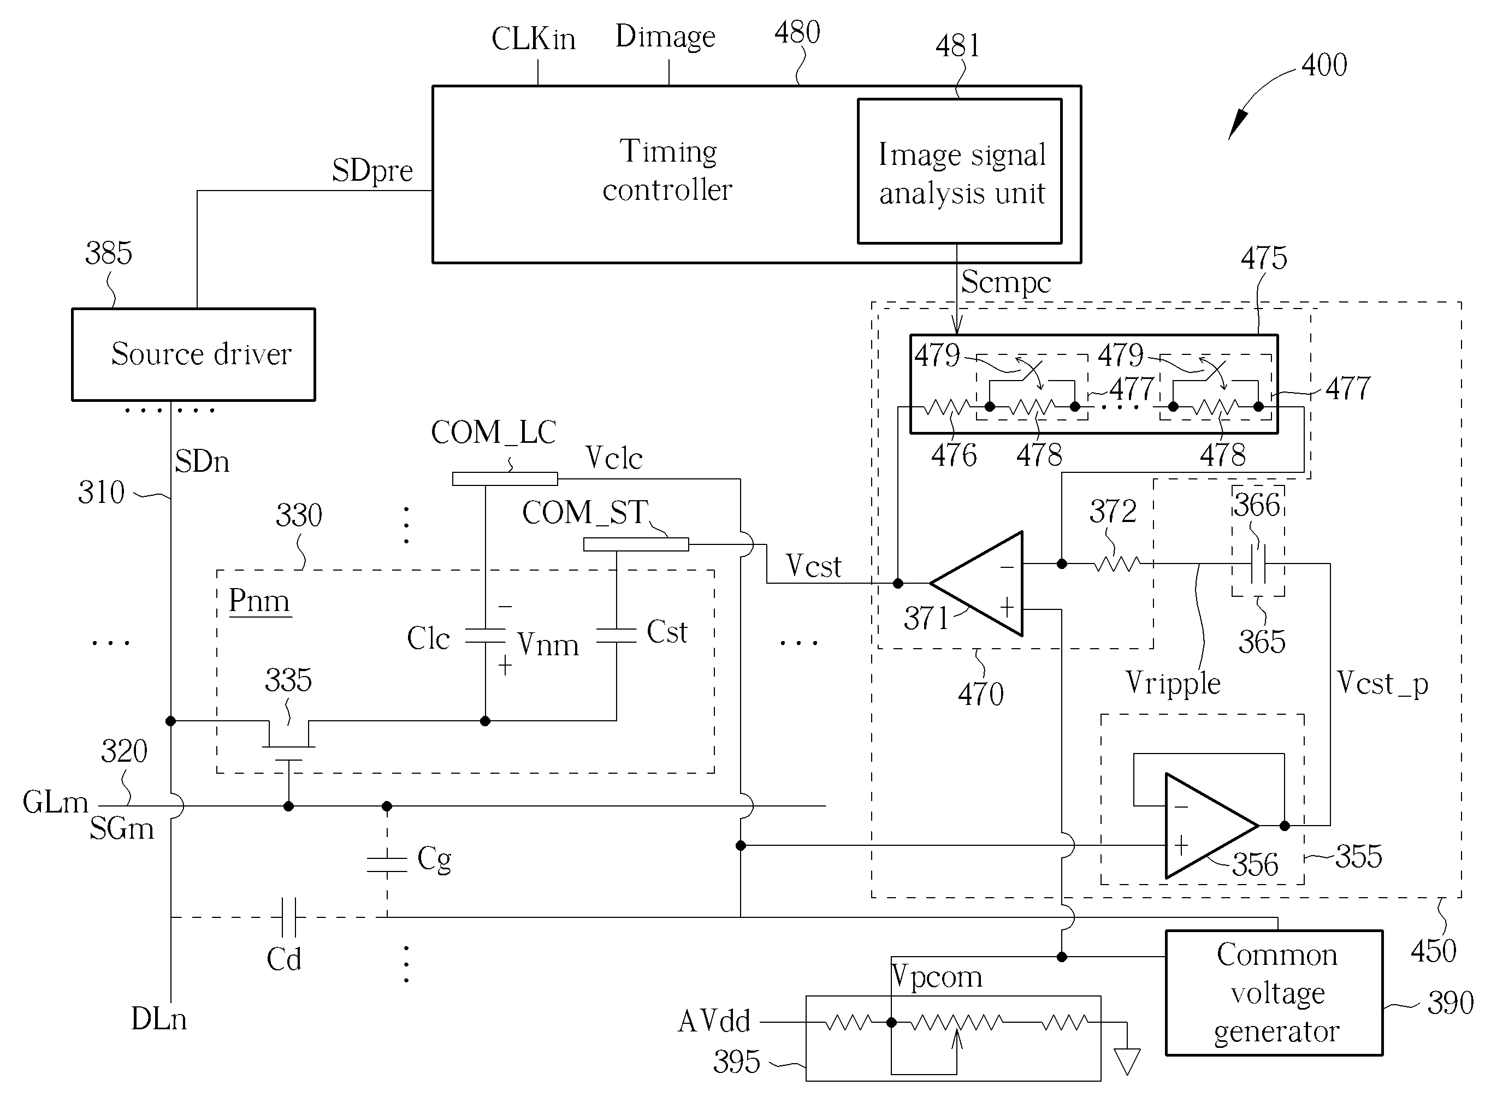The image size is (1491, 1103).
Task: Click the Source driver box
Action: click(x=194, y=354)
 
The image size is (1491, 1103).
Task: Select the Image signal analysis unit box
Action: click(x=960, y=171)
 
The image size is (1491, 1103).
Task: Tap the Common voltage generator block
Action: click(x=1274, y=992)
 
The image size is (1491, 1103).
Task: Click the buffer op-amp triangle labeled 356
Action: click(x=1211, y=826)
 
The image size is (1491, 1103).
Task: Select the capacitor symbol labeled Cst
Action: click(x=616, y=635)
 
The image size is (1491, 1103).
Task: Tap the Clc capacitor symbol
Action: click(x=486, y=635)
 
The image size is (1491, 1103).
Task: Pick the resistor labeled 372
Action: click(x=1117, y=564)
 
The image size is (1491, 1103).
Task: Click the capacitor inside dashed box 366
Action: click(x=1258, y=564)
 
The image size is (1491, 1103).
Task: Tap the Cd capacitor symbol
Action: click(x=289, y=917)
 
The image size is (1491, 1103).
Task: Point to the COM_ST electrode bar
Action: click(x=636, y=545)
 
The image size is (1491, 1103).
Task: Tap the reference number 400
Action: click(x=1324, y=66)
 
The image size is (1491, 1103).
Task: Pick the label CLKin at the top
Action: click(x=533, y=39)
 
